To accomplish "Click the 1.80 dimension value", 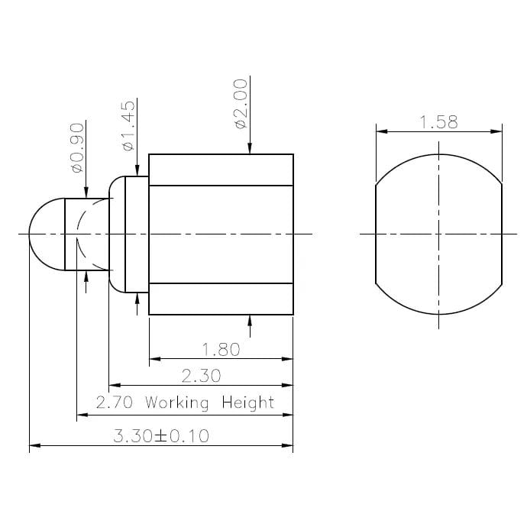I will pyautogui.click(x=221, y=349).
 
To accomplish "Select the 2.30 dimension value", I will pyautogui.click(x=202, y=376).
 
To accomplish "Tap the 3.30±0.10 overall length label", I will pyautogui.click(x=161, y=436).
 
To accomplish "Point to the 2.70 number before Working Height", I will pyautogui.click(x=114, y=403).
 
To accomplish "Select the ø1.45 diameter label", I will pyautogui.click(x=128, y=124).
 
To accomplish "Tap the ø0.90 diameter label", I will pyautogui.click(x=76, y=147).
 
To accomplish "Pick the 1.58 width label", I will pyautogui.click(x=438, y=122).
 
